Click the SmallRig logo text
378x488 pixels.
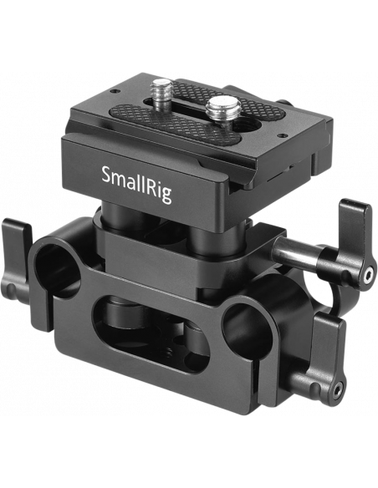[136, 184]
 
